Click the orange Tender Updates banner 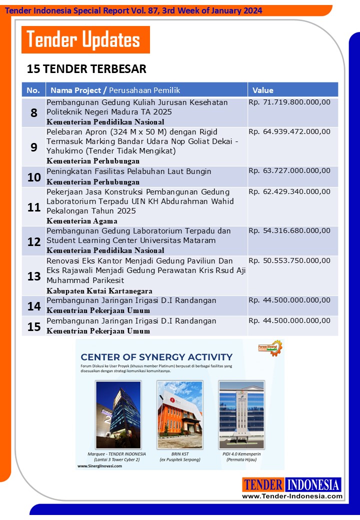click(x=85, y=39)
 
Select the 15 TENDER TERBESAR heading click(x=86, y=68)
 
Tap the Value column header click(x=263, y=90)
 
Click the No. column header click(x=33, y=90)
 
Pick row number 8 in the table click(x=34, y=112)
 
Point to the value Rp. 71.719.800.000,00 click(x=289, y=102)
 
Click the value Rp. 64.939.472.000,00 click(x=289, y=132)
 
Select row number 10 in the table click(x=34, y=177)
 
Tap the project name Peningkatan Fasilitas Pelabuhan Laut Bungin click(x=129, y=171)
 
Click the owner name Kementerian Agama click(x=82, y=221)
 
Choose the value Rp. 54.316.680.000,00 click(x=289, y=231)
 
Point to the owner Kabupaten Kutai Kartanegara click(x=99, y=291)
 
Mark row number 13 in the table click(x=34, y=276)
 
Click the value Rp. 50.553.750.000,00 click(x=289, y=261)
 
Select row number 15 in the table click(x=34, y=326)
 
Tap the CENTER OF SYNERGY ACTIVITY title click(x=156, y=357)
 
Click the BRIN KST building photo click(x=180, y=407)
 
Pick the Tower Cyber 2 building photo click(x=118, y=407)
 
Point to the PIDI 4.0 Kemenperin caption click(x=241, y=454)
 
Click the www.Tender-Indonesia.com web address click(x=292, y=496)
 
